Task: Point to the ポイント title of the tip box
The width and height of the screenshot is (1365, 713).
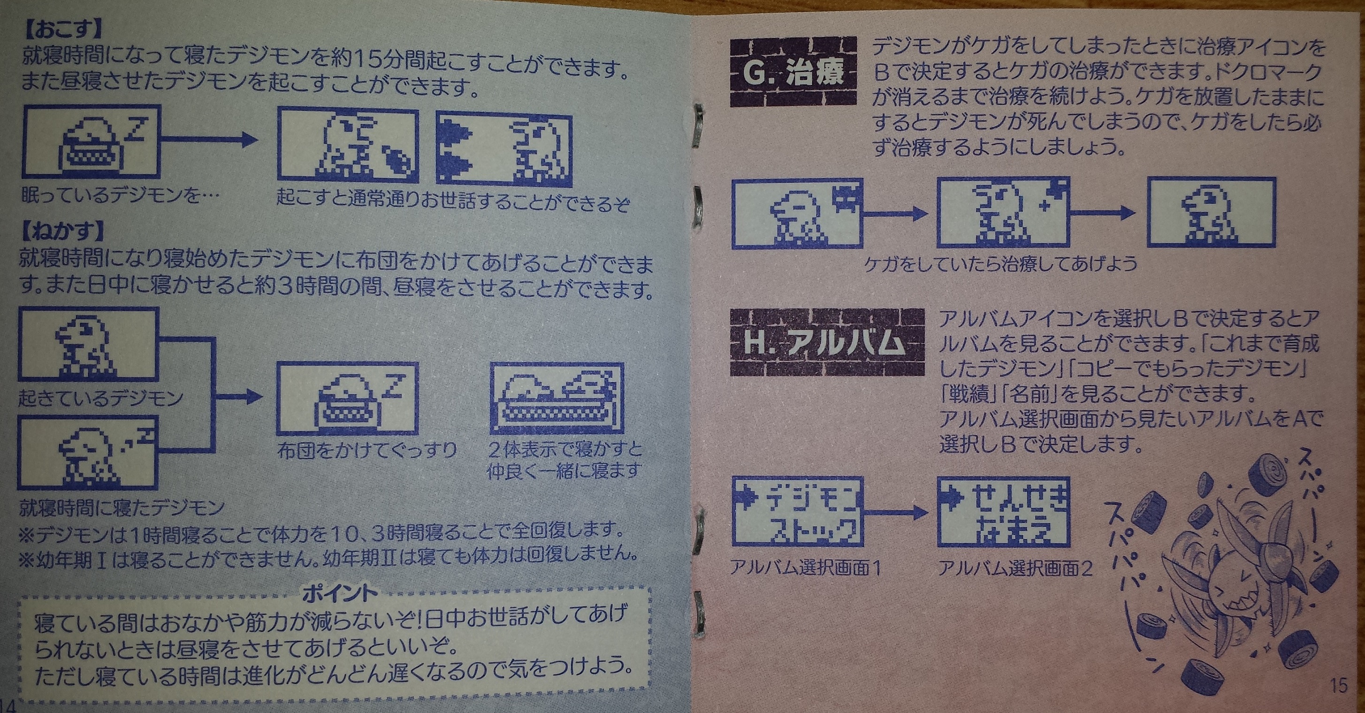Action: [340, 593]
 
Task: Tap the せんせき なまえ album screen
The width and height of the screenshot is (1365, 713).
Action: [1004, 511]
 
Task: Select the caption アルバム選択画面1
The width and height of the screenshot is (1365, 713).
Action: [805, 568]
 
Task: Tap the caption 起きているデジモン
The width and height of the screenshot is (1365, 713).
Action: [101, 398]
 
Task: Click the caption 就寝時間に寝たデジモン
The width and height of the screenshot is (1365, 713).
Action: [122, 508]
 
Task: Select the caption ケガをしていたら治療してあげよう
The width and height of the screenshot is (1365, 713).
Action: [1000, 263]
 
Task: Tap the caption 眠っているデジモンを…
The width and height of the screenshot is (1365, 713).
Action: [120, 196]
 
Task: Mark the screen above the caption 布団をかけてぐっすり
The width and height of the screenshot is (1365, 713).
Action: [348, 399]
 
